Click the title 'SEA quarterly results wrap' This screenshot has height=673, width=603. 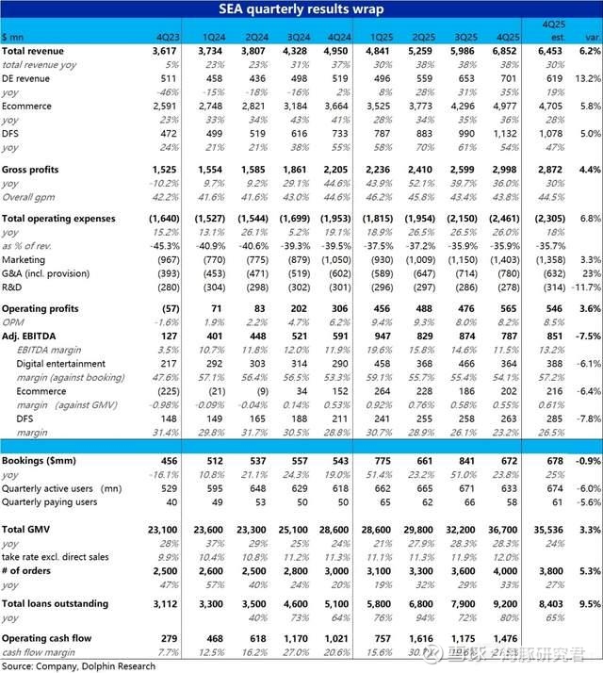click(x=301, y=8)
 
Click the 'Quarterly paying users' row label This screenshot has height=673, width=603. click(x=48, y=501)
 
